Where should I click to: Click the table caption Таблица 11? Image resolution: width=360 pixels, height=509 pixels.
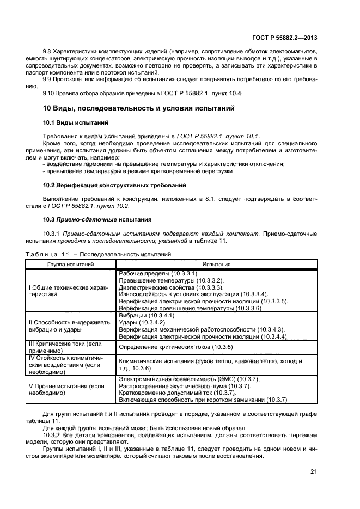45,254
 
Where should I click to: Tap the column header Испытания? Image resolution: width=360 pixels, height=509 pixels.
217,264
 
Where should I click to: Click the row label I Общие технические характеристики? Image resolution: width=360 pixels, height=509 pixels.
68,290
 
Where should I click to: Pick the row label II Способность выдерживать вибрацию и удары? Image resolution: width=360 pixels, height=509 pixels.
69,326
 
